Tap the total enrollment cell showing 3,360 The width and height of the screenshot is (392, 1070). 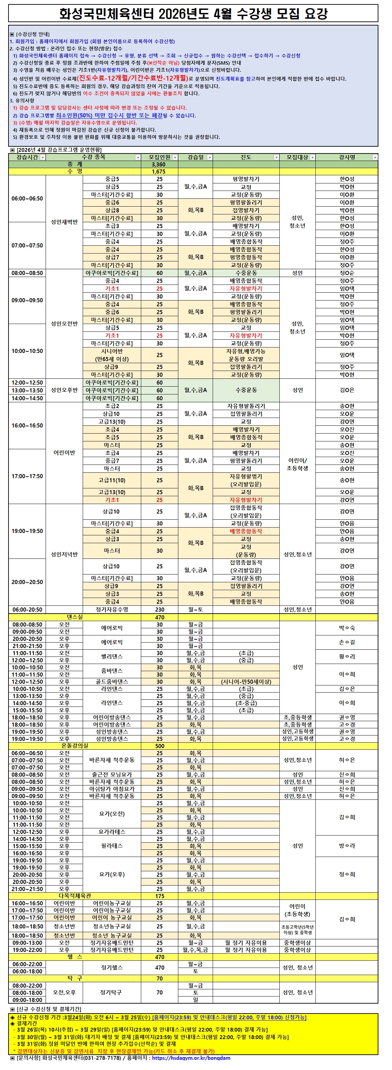[x=159, y=164]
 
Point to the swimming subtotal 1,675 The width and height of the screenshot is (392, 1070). [x=159, y=172]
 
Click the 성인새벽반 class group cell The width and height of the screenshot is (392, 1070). [x=64, y=222]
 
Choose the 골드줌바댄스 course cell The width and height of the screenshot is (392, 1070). [x=112, y=682]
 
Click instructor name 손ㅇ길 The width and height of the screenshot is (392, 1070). [x=347, y=642]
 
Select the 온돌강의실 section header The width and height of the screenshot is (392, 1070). [x=75, y=746]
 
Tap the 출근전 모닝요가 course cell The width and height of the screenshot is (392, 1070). [x=112, y=775]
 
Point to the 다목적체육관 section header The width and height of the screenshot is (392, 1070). [x=75, y=896]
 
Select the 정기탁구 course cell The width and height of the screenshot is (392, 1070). [x=112, y=993]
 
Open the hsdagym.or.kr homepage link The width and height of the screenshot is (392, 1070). [x=191, y=1066]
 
